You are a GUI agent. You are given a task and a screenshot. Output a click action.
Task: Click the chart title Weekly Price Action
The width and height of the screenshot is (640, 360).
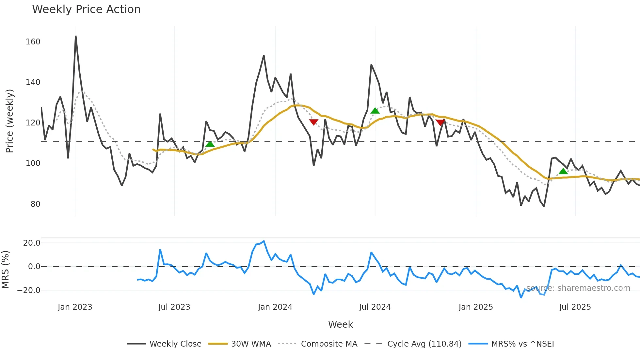click(x=86, y=9)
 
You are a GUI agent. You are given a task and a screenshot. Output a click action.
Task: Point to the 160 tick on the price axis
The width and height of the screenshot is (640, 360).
click(x=33, y=42)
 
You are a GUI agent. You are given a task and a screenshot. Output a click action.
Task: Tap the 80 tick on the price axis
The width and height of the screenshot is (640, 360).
click(x=35, y=204)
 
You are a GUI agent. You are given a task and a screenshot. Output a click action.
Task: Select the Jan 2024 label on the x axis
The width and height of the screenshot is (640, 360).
click(x=275, y=307)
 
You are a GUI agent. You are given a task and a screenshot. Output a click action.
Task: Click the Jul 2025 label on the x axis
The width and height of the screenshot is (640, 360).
click(x=575, y=307)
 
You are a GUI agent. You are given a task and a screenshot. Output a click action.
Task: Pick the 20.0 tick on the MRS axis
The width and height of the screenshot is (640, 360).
click(x=32, y=243)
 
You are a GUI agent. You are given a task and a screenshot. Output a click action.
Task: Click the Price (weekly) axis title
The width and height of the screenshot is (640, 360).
click(x=10, y=121)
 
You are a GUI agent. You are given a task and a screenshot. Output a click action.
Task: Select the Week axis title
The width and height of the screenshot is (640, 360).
click(x=340, y=324)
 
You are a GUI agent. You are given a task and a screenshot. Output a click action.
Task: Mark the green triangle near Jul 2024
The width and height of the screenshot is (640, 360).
click(x=375, y=111)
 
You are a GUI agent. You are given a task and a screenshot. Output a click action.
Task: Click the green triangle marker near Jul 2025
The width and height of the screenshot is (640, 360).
click(x=563, y=171)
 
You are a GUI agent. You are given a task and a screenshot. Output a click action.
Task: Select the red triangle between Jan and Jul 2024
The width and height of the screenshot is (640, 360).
click(x=313, y=122)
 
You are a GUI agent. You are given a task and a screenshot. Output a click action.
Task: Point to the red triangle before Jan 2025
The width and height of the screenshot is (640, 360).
click(x=440, y=123)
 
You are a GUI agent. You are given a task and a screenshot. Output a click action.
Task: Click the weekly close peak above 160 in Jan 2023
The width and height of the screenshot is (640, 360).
click(x=76, y=36)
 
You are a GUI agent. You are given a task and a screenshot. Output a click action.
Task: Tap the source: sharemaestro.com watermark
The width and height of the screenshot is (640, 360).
click(x=578, y=288)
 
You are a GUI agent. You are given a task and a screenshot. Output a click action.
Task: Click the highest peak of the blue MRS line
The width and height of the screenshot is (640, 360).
click(x=264, y=241)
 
